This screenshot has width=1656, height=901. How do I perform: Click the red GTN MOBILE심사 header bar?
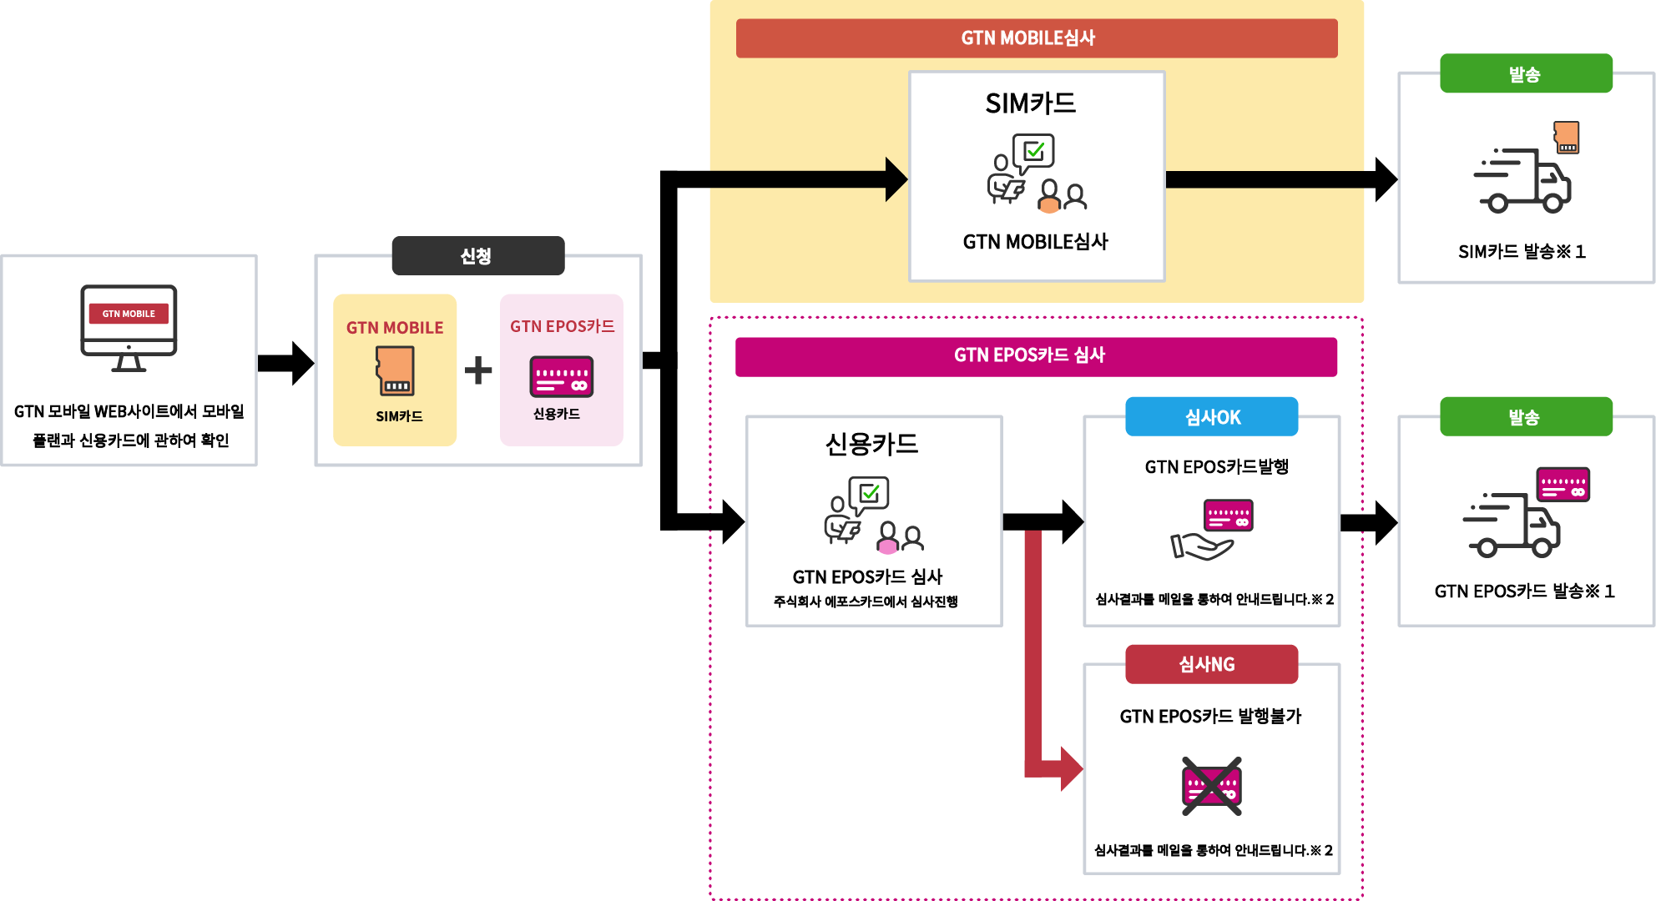point(1037,38)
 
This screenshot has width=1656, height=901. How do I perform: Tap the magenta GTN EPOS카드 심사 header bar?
point(1036,356)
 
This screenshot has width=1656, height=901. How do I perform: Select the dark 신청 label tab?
point(478,255)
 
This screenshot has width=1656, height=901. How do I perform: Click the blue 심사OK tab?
point(1212,416)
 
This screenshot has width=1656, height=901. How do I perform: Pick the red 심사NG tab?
point(1212,664)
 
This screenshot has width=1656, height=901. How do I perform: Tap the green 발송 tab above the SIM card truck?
point(1526,73)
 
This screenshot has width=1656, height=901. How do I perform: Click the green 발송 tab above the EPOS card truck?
point(1526,416)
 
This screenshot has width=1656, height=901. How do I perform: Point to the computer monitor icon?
point(129,329)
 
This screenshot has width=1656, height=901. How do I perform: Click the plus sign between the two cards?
point(478,370)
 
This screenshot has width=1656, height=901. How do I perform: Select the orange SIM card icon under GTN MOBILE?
point(395,370)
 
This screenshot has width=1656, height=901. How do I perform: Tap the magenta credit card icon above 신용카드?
point(562,376)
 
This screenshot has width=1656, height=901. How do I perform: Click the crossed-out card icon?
point(1212,786)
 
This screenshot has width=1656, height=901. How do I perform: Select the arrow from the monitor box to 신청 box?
point(286,363)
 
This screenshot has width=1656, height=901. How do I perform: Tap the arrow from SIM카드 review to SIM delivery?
point(1281,179)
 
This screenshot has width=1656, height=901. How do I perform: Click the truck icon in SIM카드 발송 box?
point(1522,180)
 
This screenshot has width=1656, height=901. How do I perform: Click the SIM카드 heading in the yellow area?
point(1031,103)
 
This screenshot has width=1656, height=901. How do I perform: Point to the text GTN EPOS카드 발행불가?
point(1210,716)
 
